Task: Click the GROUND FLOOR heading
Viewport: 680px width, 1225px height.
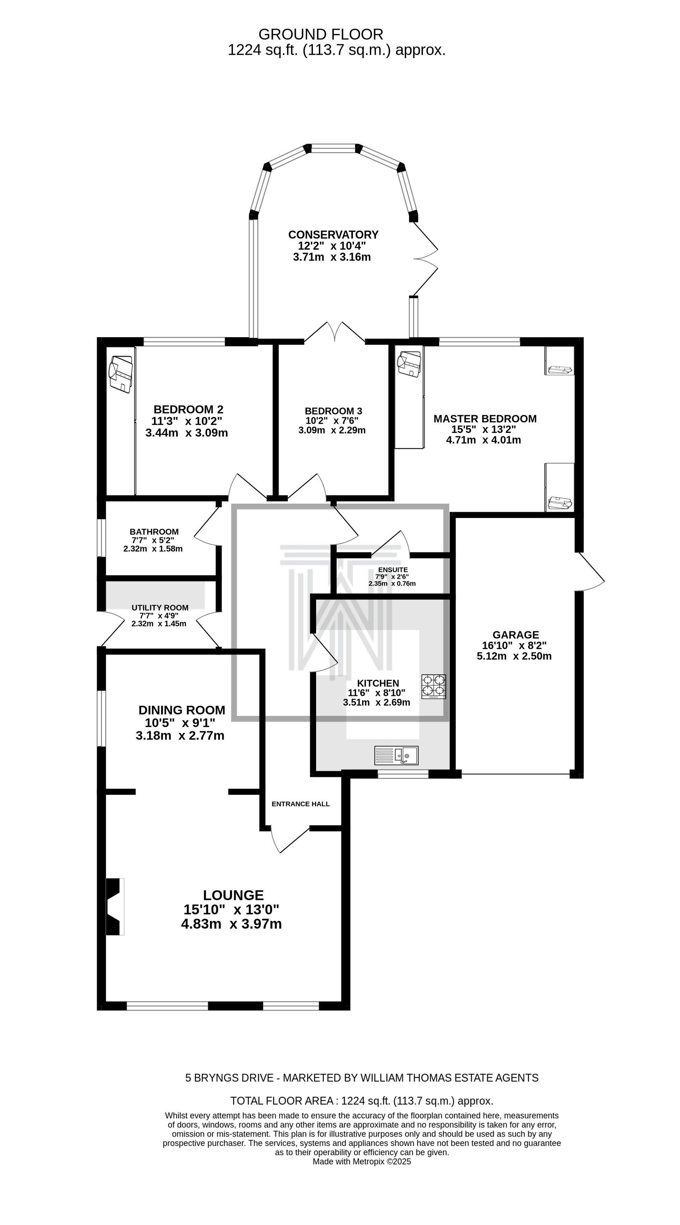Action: click(321, 34)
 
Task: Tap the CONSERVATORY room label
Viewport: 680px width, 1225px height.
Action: click(333, 234)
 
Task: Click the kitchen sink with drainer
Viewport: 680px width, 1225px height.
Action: click(396, 755)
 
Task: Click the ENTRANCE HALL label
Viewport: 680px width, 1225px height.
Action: click(300, 804)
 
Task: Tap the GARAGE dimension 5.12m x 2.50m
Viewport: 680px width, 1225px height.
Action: click(514, 656)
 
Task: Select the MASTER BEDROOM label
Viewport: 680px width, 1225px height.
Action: click(485, 419)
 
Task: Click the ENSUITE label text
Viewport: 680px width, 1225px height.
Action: click(393, 569)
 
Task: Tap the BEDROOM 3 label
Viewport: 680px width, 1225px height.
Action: click(333, 411)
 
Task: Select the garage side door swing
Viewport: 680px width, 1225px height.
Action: click(590, 572)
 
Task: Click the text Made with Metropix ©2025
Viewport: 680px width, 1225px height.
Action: click(361, 1161)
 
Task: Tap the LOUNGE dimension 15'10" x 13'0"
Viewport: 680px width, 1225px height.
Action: click(232, 909)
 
